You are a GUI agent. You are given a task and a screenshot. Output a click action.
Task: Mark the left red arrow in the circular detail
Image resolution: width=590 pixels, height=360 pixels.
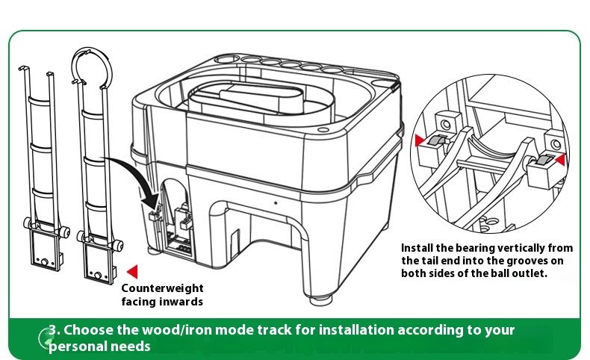tap(419, 140)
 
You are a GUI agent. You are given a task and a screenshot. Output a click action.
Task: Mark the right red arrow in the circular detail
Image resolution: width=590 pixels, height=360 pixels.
tap(560, 158)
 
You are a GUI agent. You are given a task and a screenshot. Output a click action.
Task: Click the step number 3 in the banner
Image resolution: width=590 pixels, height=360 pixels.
tap(53, 330)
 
